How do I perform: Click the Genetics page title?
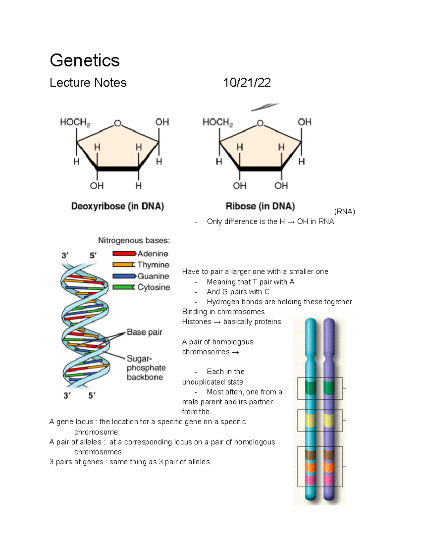pyautogui.click(x=85, y=60)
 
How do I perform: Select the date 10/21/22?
pyautogui.click(x=247, y=82)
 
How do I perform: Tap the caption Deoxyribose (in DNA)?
pyautogui.click(x=118, y=206)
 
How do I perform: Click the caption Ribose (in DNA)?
pyautogui.click(x=260, y=206)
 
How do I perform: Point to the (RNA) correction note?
pyautogui.click(x=345, y=212)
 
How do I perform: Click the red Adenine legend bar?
pyautogui.click(x=124, y=253)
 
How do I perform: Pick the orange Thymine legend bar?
pyautogui.click(x=123, y=265)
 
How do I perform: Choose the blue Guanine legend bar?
pyautogui.click(x=124, y=276)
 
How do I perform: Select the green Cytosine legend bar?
pyautogui.click(x=123, y=287)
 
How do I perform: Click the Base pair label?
pyautogui.click(x=144, y=332)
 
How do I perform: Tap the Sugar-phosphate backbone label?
pyautogui.click(x=146, y=368)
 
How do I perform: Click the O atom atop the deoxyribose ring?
pyautogui.click(x=118, y=123)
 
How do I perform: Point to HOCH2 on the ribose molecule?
pyautogui.click(x=218, y=122)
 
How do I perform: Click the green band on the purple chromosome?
pyautogui.click(x=329, y=388)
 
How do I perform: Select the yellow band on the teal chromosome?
pyautogui.click(x=310, y=420)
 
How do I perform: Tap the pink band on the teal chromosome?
pyautogui.click(x=310, y=479)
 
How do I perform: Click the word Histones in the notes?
pyautogui.click(x=196, y=322)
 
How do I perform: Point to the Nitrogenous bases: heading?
pyautogui.click(x=134, y=240)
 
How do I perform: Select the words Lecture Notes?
pyautogui.click(x=88, y=82)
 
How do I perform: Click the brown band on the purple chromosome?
pyautogui.click(x=329, y=455)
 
